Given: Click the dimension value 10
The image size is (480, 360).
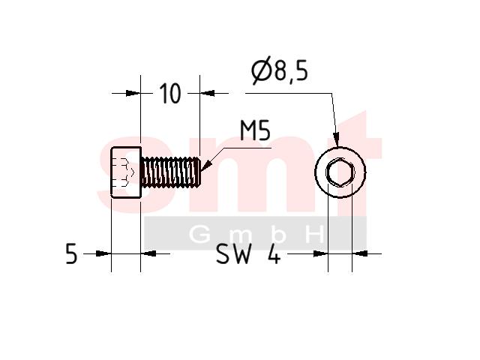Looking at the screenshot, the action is tap(170, 93).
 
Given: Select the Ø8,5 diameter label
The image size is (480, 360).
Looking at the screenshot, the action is tap(280, 70).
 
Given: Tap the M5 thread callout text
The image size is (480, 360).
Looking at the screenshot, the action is tap(255, 130).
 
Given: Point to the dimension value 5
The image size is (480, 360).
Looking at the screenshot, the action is tap(71, 253).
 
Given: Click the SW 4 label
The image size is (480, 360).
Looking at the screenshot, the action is tap(248, 253).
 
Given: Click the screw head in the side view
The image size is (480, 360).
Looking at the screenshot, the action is tap(126, 172).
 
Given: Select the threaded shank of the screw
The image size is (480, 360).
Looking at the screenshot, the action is tap(171, 172).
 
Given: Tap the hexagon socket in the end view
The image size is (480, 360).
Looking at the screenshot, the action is tap(340, 172).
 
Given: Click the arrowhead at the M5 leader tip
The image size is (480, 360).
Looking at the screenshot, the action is tap(206, 164).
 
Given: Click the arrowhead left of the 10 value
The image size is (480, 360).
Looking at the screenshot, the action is tap(133, 93).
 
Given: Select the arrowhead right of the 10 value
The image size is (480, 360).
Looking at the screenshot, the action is tap(207, 93).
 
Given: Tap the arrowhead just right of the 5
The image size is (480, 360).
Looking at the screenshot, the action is tap(103, 253).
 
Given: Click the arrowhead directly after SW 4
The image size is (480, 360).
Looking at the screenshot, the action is tap(320, 253).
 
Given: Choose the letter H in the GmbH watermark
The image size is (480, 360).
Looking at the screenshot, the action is tap(315, 235).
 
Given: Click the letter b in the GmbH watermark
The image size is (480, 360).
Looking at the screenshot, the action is tap(278, 235).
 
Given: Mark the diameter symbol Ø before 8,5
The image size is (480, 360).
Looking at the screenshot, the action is tap(262, 70).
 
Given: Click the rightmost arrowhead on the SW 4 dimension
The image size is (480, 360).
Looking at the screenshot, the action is tap(360, 253).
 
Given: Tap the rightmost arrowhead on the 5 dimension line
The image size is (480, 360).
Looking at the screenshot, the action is tap(148, 253).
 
